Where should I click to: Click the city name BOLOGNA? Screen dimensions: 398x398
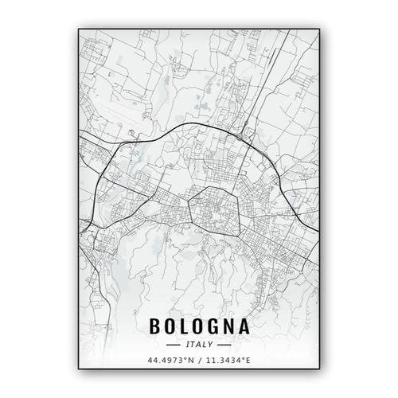(198, 327)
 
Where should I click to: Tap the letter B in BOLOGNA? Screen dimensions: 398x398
(154, 327)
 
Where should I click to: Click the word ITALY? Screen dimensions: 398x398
(198, 345)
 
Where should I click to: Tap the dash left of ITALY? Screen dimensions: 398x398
(172, 345)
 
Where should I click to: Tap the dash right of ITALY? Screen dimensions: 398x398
(224, 345)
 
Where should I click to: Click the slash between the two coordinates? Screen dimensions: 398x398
(198, 361)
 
